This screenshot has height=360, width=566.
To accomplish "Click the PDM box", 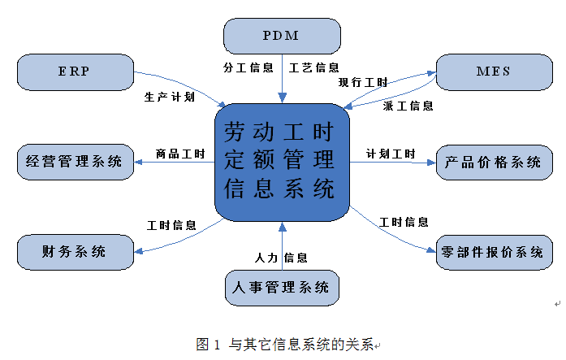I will tap(281, 36).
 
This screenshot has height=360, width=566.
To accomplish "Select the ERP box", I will tap(74, 72).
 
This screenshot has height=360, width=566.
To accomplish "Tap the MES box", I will tap(493, 72).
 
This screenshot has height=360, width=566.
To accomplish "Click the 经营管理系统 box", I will tap(74, 161).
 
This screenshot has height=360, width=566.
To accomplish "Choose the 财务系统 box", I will tap(74, 251).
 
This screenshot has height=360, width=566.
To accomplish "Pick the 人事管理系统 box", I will tap(281, 287).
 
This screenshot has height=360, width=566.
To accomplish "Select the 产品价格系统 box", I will tap(493, 162).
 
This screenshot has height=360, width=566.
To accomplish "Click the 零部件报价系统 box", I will tap(493, 252).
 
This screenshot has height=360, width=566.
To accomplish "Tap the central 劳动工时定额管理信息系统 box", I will tap(281, 162).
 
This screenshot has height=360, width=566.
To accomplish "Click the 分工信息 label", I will tap(248, 68).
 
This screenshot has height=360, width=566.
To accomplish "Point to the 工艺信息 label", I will tap(313, 68).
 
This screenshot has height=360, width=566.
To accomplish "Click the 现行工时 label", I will tap(362, 82).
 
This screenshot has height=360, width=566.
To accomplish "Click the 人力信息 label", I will tap(281, 258).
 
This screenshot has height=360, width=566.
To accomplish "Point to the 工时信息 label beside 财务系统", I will tap(171, 224).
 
